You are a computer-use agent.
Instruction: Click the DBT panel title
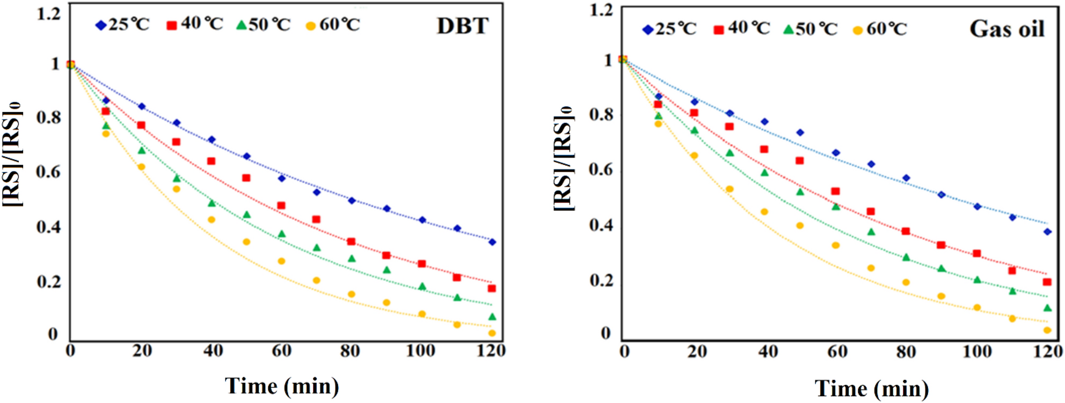pyautogui.click(x=462, y=26)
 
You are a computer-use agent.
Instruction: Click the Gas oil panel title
pyautogui.click(x=1006, y=29)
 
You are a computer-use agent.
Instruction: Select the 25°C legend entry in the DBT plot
pyautogui.click(x=123, y=25)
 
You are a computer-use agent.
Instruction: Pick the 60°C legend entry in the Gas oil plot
pyautogui.click(x=880, y=29)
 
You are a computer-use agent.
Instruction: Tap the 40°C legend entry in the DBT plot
pyautogui.click(x=195, y=24)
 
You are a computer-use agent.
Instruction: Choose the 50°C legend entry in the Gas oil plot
pyautogui.click(x=810, y=29)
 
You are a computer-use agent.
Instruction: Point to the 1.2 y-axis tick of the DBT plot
pyautogui.click(x=48, y=13)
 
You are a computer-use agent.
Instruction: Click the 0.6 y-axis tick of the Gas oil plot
pyautogui.click(x=601, y=169)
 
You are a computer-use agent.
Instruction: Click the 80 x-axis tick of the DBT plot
pyautogui.click(x=350, y=351)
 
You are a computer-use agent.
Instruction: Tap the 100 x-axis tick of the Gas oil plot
pyautogui.click(x=976, y=352)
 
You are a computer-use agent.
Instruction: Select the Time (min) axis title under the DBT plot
pyautogui.click(x=282, y=386)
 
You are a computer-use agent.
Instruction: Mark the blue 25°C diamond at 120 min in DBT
pyautogui.click(x=492, y=242)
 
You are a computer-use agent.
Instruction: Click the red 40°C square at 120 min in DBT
pyautogui.click(x=492, y=288)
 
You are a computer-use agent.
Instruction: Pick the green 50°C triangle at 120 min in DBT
pyautogui.click(x=492, y=317)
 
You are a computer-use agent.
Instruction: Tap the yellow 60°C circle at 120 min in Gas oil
pyautogui.click(x=1047, y=330)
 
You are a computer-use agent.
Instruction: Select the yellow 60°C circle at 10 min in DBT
pyautogui.click(x=106, y=133)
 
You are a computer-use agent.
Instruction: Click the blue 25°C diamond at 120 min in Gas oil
pyautogui.click(x=1047, y=232)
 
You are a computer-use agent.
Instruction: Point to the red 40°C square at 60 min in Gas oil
pyautogui.click(x=835, y=191)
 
